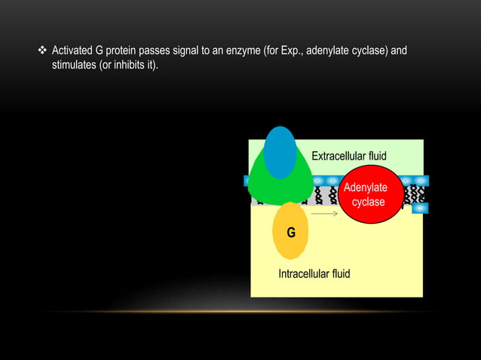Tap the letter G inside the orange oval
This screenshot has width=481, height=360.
(x=290, y=233)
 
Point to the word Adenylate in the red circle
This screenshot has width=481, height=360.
(x=366, y=188)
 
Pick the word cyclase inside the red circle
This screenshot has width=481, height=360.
(x=368, y=202)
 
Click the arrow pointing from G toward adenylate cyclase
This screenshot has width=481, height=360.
(x=324, y=214)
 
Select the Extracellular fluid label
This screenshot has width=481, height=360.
(x=349, y=156)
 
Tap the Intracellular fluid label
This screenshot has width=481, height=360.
(x=314, y=273)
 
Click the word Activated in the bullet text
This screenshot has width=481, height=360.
(x=72, y=51)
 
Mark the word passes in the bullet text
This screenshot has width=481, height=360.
(x=176, y=51)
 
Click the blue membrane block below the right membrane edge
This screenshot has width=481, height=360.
(x=421, y=208)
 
